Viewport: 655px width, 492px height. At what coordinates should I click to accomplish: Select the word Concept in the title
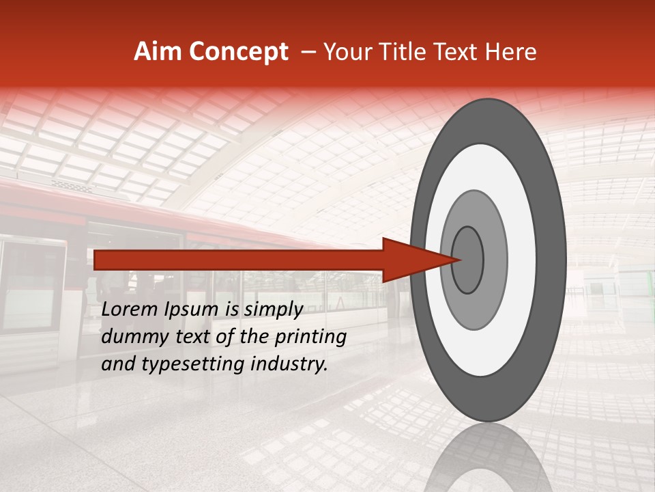coord(239,52)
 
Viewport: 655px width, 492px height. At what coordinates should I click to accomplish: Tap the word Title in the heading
coord(414,52)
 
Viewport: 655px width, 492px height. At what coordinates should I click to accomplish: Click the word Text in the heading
coord(464,52)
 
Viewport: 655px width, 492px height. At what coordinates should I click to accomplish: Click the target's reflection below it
coord(488,458)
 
